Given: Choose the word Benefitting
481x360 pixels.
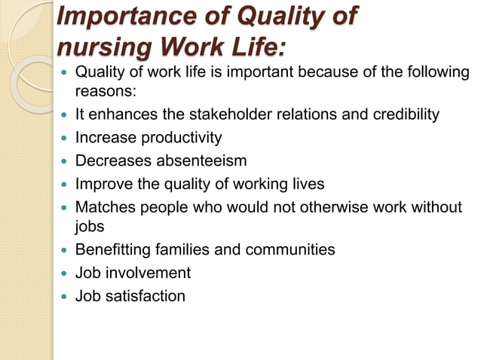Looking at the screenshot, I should click(x=114, y=250).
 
